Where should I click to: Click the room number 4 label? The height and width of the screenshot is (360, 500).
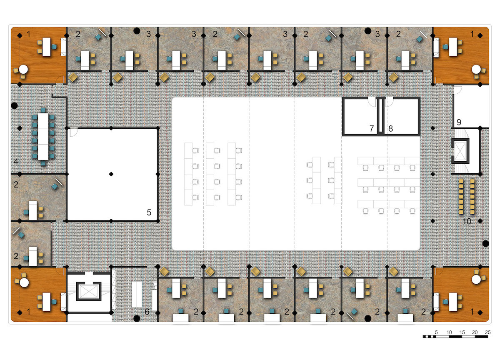(x=16, y=161)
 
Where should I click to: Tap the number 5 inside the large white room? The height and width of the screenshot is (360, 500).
(x=149, y=212)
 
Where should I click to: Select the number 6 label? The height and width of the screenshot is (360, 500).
(x=147, y=312)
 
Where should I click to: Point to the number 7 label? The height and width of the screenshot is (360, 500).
(x=371, y=128)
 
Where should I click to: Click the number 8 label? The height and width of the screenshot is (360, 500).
(x=390, y=128)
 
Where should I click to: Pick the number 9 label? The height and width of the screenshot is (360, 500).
(x=459, y=122)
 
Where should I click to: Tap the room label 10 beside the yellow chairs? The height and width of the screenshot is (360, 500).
(x=467, y=221)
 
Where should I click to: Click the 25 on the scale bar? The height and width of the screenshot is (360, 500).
(x=488, y=332)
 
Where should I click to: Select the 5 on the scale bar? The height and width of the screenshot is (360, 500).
(x=436, y=332)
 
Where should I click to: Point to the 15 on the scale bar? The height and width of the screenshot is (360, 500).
(x=462, y=332)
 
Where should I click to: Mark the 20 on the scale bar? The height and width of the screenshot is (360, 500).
(x=475, y=332)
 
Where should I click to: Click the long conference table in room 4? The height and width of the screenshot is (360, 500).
(x=43, y=137)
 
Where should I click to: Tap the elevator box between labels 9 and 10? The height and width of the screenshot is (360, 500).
(x=460, y=151)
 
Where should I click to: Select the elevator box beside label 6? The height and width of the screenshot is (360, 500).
(x=89, y=291)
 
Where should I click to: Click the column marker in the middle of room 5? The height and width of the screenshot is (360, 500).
(x=111, y=174)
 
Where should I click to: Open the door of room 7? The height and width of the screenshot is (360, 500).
(x=372, y=102)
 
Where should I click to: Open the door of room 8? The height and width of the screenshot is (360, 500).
(x=389, y=102)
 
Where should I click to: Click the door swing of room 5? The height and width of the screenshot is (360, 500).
(x=74, y=132)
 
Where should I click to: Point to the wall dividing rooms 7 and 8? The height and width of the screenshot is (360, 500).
(x=380, y=116)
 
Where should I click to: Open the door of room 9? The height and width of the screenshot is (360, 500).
(x=457, y=90)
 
